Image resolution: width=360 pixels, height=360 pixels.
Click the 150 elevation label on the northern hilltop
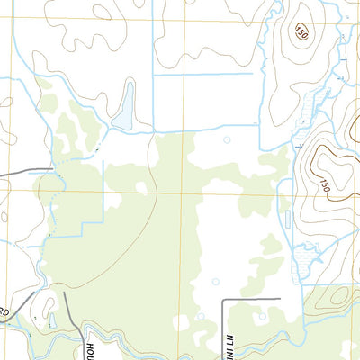301,33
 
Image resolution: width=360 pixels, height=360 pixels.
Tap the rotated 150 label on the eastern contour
323,184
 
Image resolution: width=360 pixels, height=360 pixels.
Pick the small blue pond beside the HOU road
52,319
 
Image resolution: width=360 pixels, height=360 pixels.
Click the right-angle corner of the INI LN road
222,299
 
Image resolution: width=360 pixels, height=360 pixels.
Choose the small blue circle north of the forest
227,139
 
